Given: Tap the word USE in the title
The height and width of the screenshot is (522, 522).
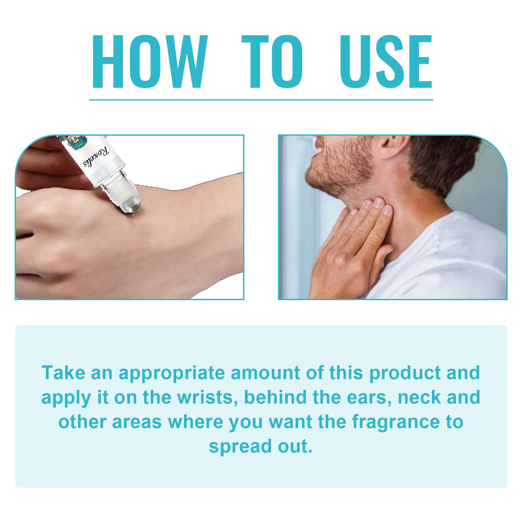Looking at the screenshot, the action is coord(386,62).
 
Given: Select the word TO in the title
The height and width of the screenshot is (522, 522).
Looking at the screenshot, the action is coord(272,62).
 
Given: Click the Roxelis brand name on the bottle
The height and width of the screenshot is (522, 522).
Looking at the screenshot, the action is coord(96,156).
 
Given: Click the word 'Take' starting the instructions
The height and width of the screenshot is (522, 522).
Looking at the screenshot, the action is coord(64,372).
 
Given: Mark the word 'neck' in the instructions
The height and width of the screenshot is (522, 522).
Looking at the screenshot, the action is coord(420,397).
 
